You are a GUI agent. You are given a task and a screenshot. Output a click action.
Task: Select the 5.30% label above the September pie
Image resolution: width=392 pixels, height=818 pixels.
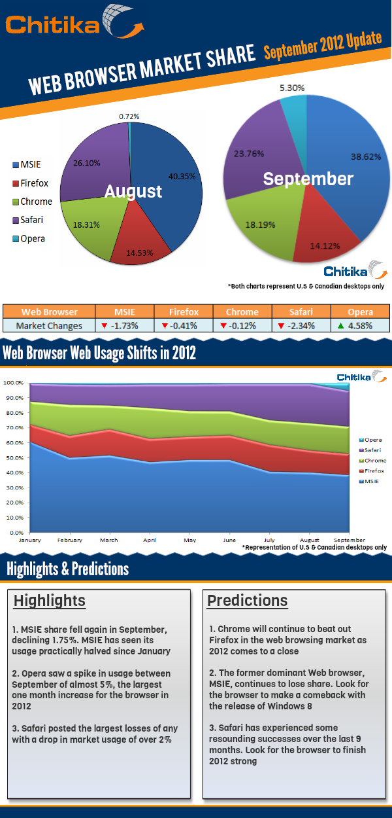click(x=291, y=87)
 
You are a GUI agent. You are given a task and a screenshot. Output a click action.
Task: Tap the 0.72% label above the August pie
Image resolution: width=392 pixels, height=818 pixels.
click(x=129, y=116)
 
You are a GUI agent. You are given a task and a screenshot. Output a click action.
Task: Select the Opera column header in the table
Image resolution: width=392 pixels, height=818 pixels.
click(x=359, y=312)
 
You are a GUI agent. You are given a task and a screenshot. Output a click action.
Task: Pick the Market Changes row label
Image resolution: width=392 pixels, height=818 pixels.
click(x=50, y=326)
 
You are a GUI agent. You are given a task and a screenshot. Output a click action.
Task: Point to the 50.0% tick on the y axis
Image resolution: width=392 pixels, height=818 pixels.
click(x=15, y=457)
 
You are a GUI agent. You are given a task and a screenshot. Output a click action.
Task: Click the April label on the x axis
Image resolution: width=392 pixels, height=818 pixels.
click(x=150, y=541)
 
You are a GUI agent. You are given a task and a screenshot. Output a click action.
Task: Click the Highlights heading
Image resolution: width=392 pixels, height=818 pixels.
click(x=49, y=600)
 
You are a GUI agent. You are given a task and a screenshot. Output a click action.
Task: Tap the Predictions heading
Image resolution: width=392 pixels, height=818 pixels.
click(x=247, y=600)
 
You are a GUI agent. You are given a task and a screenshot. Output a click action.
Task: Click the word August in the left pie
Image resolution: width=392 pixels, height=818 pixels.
click(x=133, y=191)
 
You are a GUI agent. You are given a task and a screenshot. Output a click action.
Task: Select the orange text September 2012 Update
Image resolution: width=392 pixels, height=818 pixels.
click(x=322, y=45)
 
